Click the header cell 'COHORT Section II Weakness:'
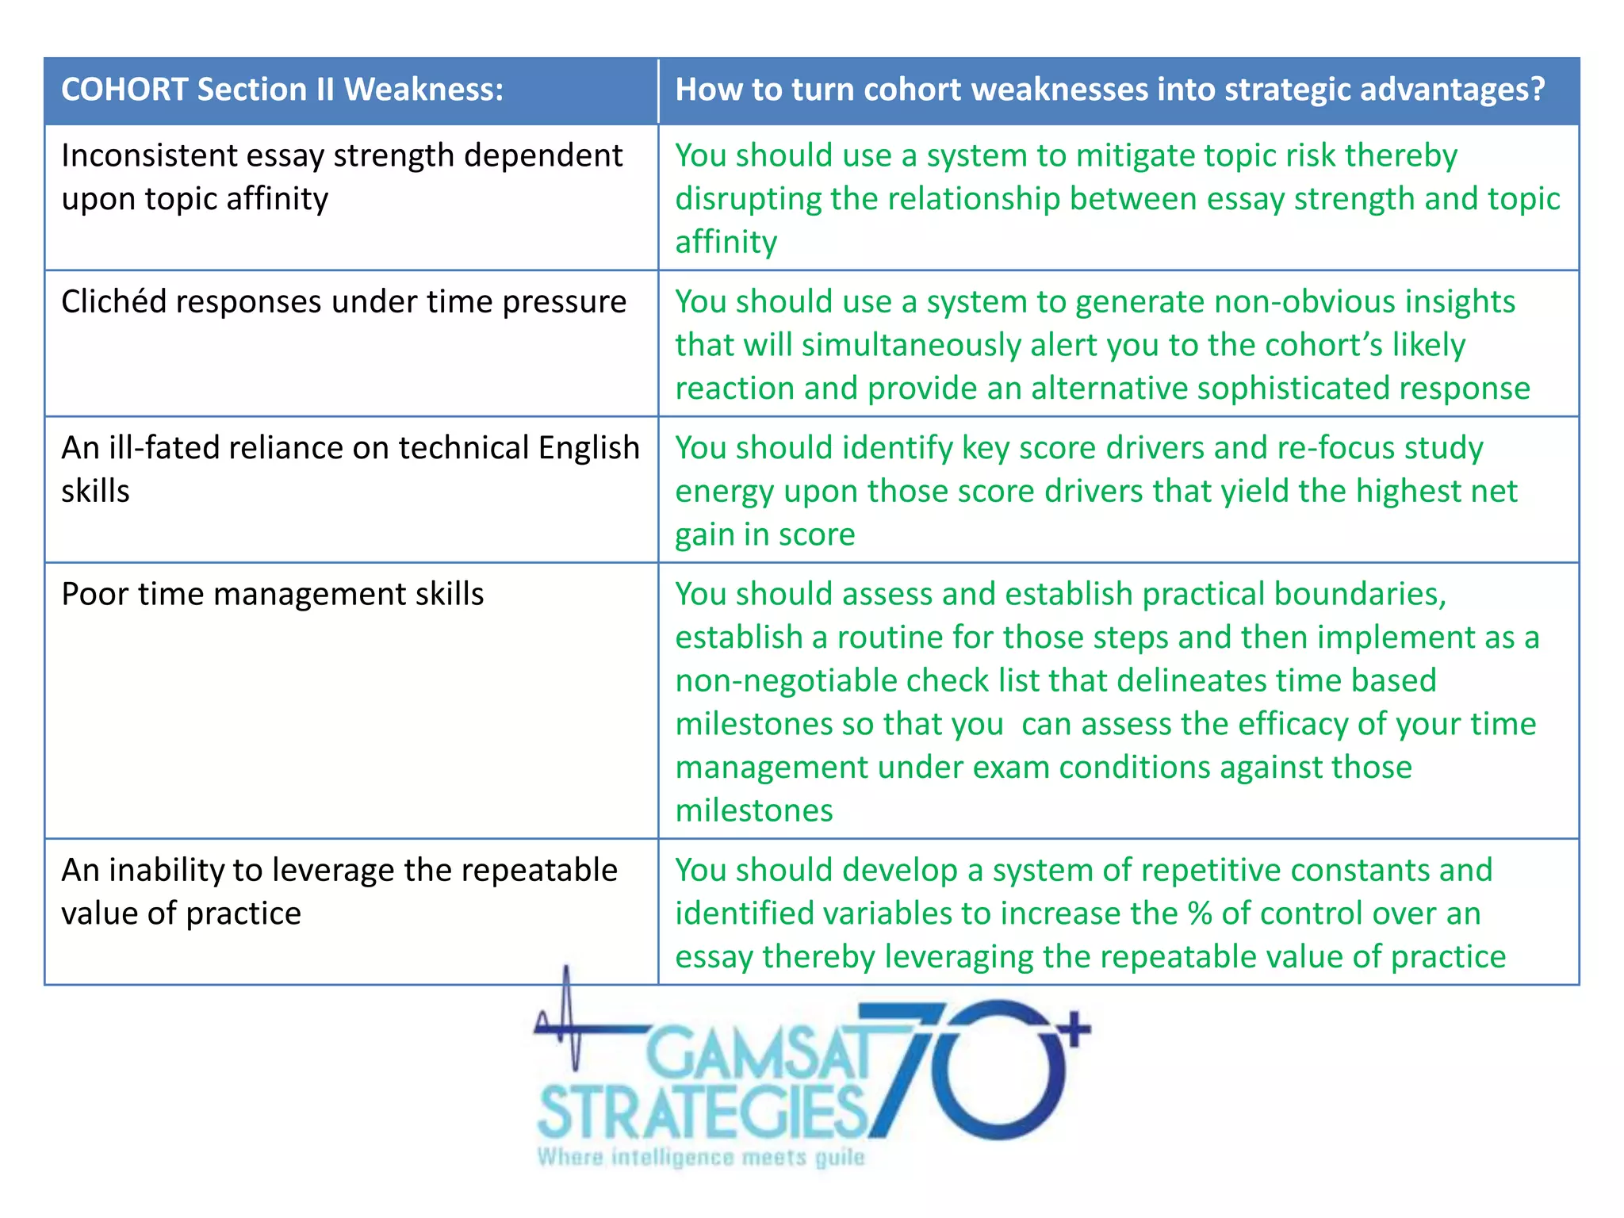[282, 90]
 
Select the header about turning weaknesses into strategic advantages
[1109, 90]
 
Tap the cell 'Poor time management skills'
[272, 594]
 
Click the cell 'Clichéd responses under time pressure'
[343, 302]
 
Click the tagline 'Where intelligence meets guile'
[701, 1158]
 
